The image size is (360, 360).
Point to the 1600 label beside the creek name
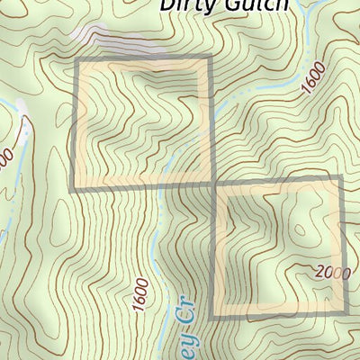click(138, 294)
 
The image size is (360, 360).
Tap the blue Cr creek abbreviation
click(178, 309)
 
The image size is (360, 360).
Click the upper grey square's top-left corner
click(75, 59)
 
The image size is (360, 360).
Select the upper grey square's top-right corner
click(210, 59)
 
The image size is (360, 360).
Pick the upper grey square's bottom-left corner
click(75, 186)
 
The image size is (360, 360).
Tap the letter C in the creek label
click(177, 314)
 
